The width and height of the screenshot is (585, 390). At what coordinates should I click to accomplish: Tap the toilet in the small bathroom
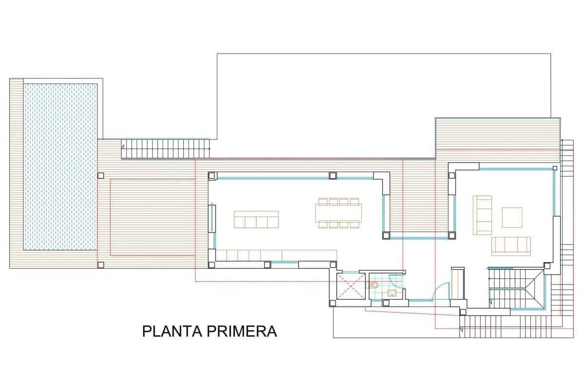coord(374,286)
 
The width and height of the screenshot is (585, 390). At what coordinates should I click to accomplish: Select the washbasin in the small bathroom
coord(392,293)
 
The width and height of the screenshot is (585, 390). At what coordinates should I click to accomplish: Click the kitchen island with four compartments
coord(256,219)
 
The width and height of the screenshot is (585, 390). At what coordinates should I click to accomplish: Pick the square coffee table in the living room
coord(512,217)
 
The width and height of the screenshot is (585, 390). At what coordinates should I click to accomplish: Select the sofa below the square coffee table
coord(510,246)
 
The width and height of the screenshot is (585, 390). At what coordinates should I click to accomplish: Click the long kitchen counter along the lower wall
coord(275,254)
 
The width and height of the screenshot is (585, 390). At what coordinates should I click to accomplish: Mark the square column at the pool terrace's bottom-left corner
coord(100,265)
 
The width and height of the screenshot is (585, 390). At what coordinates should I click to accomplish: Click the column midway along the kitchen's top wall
coord(332,175)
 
